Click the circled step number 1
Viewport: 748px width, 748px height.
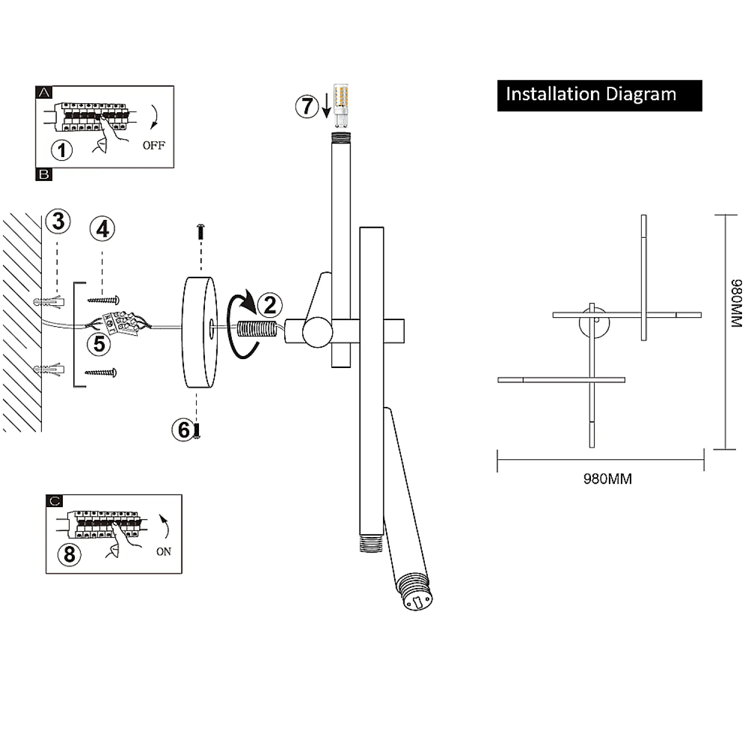[62, 150]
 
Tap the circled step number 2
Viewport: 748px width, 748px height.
[270, 305]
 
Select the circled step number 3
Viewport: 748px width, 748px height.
[58, 221]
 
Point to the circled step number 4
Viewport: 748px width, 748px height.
[102, 229]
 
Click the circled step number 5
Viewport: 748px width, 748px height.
[99, 344]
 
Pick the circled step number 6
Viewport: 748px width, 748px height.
[184, 430]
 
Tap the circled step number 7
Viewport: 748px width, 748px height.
[307, 107]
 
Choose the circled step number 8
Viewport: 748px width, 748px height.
[69, 554]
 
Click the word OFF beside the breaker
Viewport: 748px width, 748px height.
[154, 146]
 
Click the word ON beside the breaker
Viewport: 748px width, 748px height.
[164, 552]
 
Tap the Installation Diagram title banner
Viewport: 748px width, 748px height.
[599, 95]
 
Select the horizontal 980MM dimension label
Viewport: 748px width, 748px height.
[607, 479]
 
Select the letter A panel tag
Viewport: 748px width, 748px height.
[44, 92]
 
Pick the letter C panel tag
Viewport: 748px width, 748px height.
[54, 501]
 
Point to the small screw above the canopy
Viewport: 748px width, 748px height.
[201, 231]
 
